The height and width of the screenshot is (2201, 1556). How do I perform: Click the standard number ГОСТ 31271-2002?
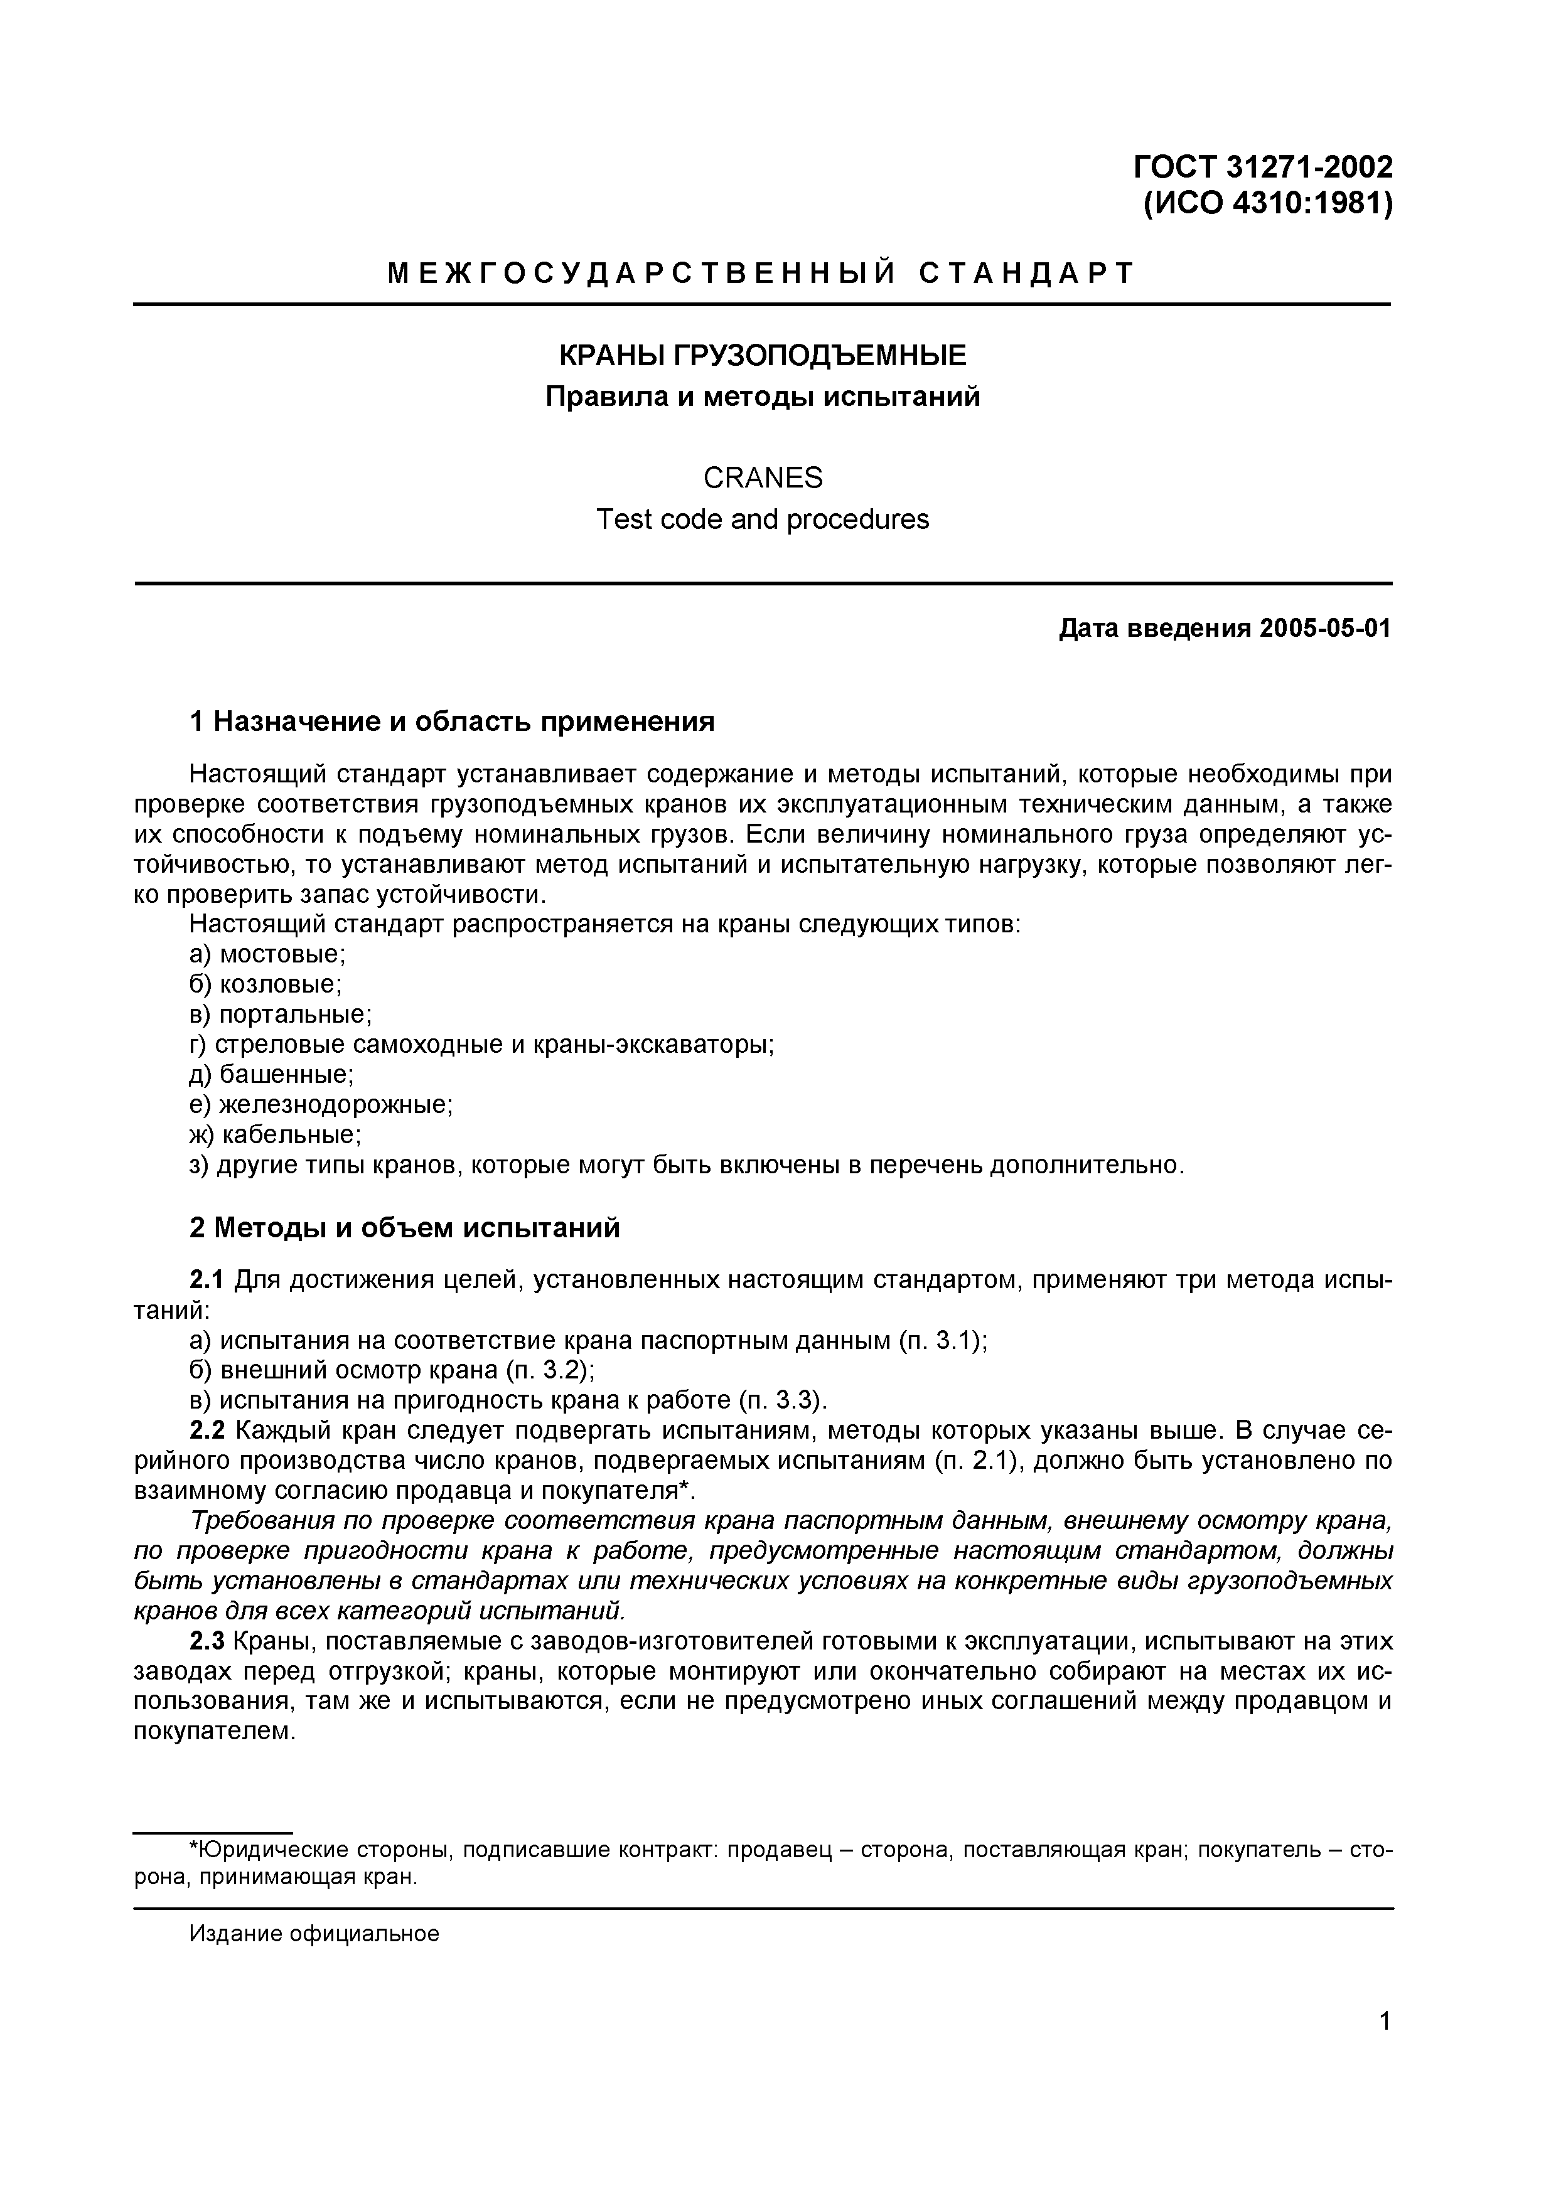tap(1263, 167)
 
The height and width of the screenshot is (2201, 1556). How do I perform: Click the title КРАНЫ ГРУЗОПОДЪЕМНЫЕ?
tap(762, 356)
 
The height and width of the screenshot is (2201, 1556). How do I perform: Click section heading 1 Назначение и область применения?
tap(453, 721)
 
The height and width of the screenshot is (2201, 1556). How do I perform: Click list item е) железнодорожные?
tap(321, 1104)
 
